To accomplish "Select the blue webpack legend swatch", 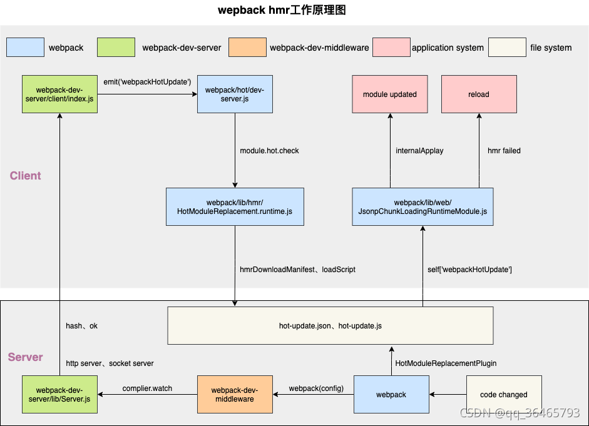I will coord(25,48).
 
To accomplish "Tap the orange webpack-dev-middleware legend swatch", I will coord(247,48).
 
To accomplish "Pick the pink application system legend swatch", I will coord(391,48).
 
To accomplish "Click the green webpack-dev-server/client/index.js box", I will coord(59,94).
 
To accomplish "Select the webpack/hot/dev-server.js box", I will coord(235,94).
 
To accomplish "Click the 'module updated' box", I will coord(389,94).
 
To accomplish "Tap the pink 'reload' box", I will coord(479,94).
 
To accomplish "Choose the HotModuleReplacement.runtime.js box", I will coord(235,207).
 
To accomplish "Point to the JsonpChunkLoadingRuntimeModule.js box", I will coord(423,207).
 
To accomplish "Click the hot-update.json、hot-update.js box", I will coord(330,325).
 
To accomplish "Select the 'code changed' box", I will coord(504,395).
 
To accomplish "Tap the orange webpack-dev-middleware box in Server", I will coord(235,395).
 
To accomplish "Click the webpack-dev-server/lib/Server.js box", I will coord(59,395).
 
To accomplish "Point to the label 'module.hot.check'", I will coord(269,151).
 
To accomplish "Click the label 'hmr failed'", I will coord(504,151).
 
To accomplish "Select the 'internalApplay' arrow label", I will coord(419,151).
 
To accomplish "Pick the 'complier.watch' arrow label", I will coord(147,388).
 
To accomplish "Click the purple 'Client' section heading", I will coord(26,176).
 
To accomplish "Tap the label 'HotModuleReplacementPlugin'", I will coord(446,363).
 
